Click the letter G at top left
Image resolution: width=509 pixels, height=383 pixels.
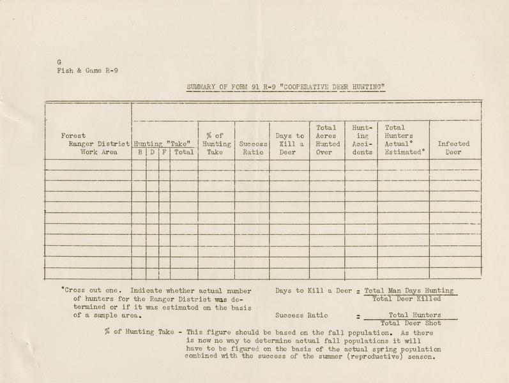58,62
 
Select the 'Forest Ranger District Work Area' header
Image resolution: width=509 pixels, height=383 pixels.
95,144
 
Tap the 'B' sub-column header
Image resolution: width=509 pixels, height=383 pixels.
139,153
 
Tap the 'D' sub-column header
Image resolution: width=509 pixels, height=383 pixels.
153,153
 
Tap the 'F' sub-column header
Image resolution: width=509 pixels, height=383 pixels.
164,153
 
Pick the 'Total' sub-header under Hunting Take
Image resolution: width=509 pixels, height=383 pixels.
183,153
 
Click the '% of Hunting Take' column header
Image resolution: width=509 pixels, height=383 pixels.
217,144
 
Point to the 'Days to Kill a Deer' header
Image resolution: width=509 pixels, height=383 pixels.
289,144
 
